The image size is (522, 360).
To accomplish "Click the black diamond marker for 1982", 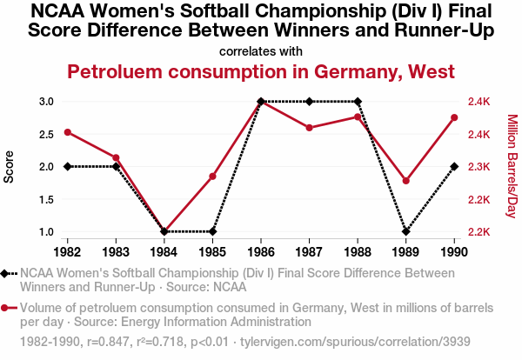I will tap(68, 166).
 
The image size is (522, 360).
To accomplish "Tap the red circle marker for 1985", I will tap(212, 177).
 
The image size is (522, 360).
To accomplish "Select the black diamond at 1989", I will tap(405, 232).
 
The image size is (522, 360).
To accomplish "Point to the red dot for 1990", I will tap(454, 118).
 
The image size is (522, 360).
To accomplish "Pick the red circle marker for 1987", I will tap(309, 128).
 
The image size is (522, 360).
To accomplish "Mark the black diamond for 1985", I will tap(212, 232).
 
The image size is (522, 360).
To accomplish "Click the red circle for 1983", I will tap(116, 157).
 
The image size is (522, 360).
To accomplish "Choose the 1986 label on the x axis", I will tap(261, 252).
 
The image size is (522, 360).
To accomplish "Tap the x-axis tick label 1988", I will tap(358, 252).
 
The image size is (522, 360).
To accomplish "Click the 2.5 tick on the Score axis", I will tap(47, 134).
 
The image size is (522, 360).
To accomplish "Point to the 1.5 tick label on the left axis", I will tap(47, 199).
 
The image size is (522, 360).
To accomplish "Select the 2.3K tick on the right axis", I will tap(479, 167).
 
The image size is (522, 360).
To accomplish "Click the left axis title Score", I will tap(10, 167).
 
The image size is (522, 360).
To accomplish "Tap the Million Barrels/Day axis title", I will tap(512, 166).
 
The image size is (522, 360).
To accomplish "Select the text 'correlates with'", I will tap(261, 51).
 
